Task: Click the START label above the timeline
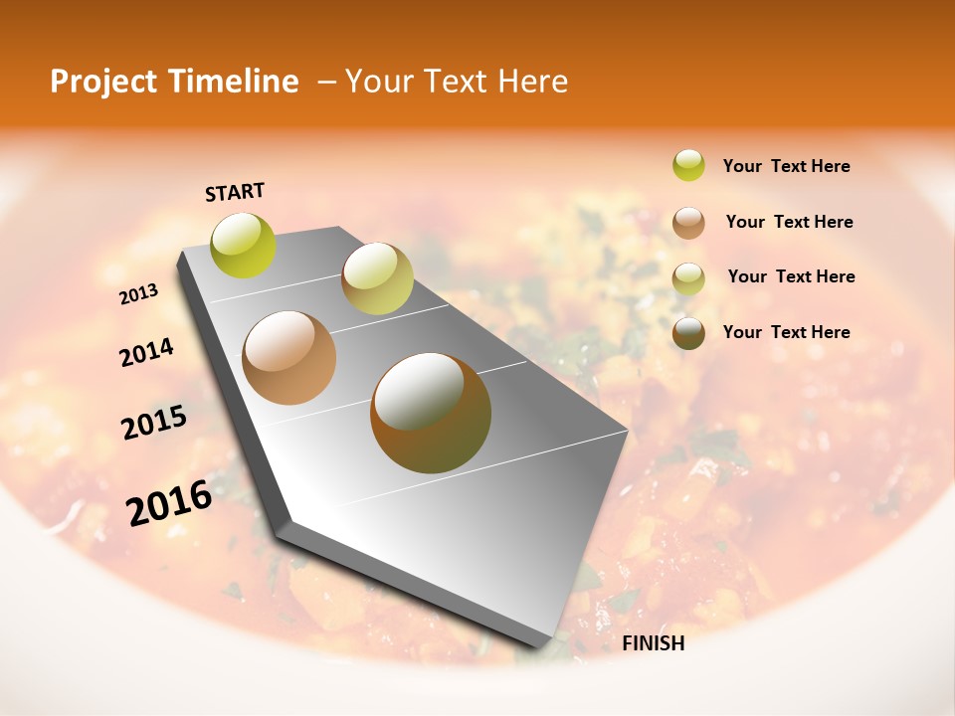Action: coord(235,191)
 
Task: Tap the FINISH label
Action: coord(653,643)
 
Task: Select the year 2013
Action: coord(138,294)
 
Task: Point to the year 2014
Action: coord(146,353)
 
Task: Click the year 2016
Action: coord(169,503)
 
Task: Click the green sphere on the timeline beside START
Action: coord(243,245)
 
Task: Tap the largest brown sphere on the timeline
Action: coord(431,413)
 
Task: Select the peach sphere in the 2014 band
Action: coord(288,357)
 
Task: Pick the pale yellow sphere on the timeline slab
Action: coord(377,278)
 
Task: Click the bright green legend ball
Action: coord(688,165)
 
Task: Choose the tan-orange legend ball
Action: coord(688,222)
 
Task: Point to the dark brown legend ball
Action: coord(688,332)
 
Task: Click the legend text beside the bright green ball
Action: coord(786,166)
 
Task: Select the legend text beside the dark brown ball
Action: coord(786,332)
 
